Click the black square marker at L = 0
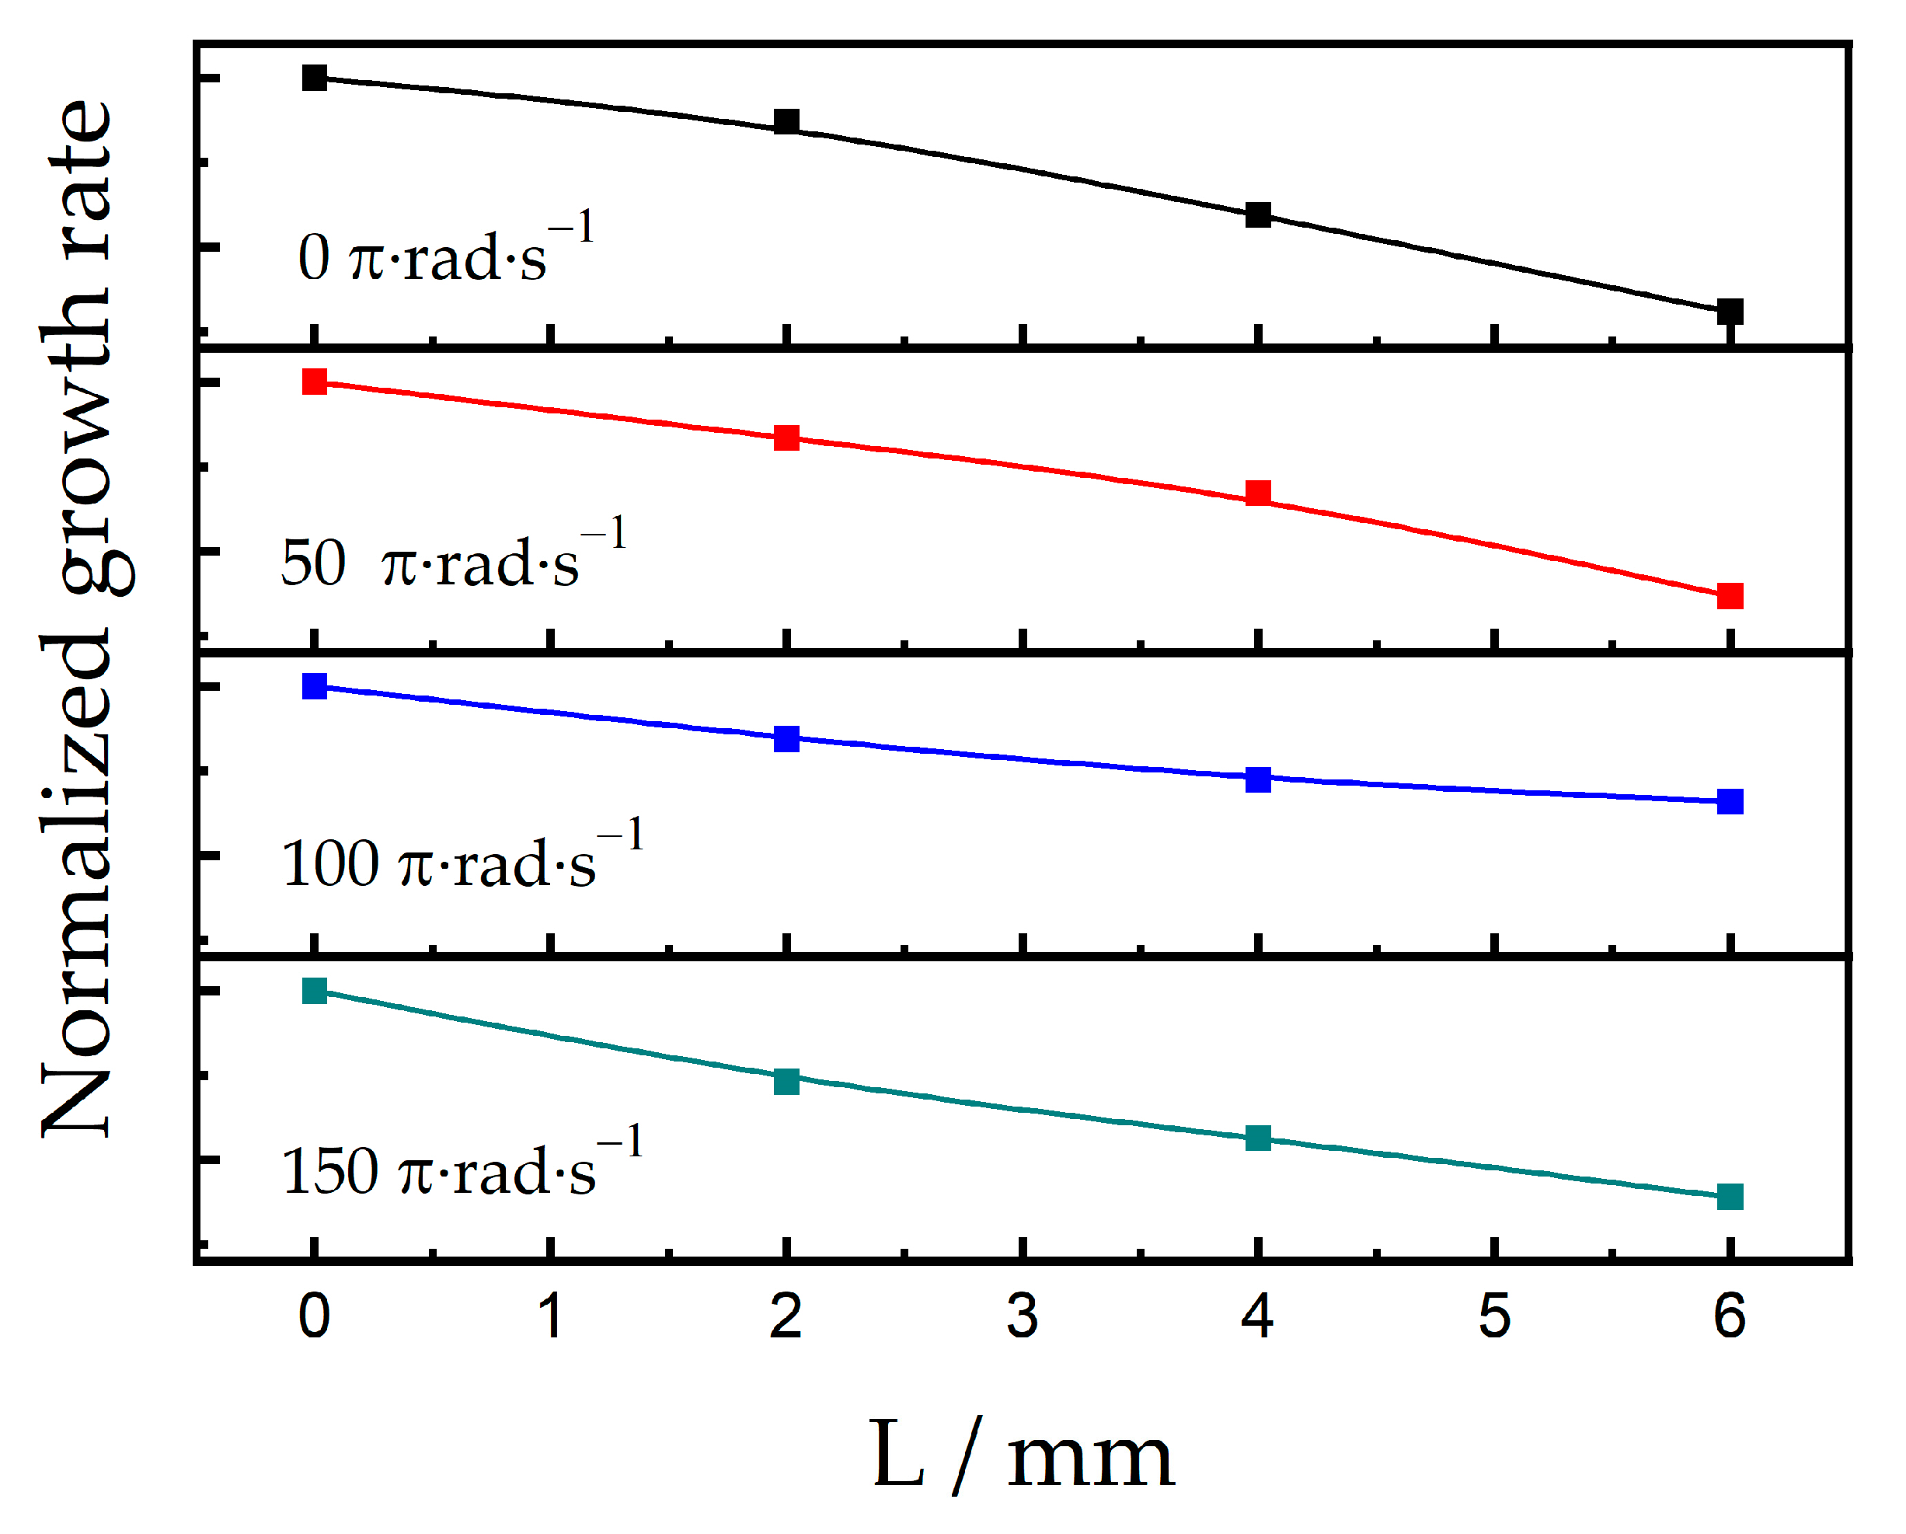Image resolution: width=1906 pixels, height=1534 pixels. (315, 78)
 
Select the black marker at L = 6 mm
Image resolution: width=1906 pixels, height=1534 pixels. (1730, 311)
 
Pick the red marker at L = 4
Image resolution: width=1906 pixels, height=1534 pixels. (1258, 493)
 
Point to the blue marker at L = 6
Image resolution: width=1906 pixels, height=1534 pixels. (1730, 802)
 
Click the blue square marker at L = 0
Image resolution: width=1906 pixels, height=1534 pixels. (315, 686)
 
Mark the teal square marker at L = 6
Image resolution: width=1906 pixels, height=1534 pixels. (1730, 1198)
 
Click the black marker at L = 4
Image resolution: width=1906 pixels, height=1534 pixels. (1258, 214)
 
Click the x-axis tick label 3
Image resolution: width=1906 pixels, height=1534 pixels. (1022, 1316)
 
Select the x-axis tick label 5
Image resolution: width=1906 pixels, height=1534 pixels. (1494, 1316)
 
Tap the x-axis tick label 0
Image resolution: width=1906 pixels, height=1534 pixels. (315, 1316)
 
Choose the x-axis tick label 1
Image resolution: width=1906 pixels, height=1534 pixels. (551, 1316)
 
